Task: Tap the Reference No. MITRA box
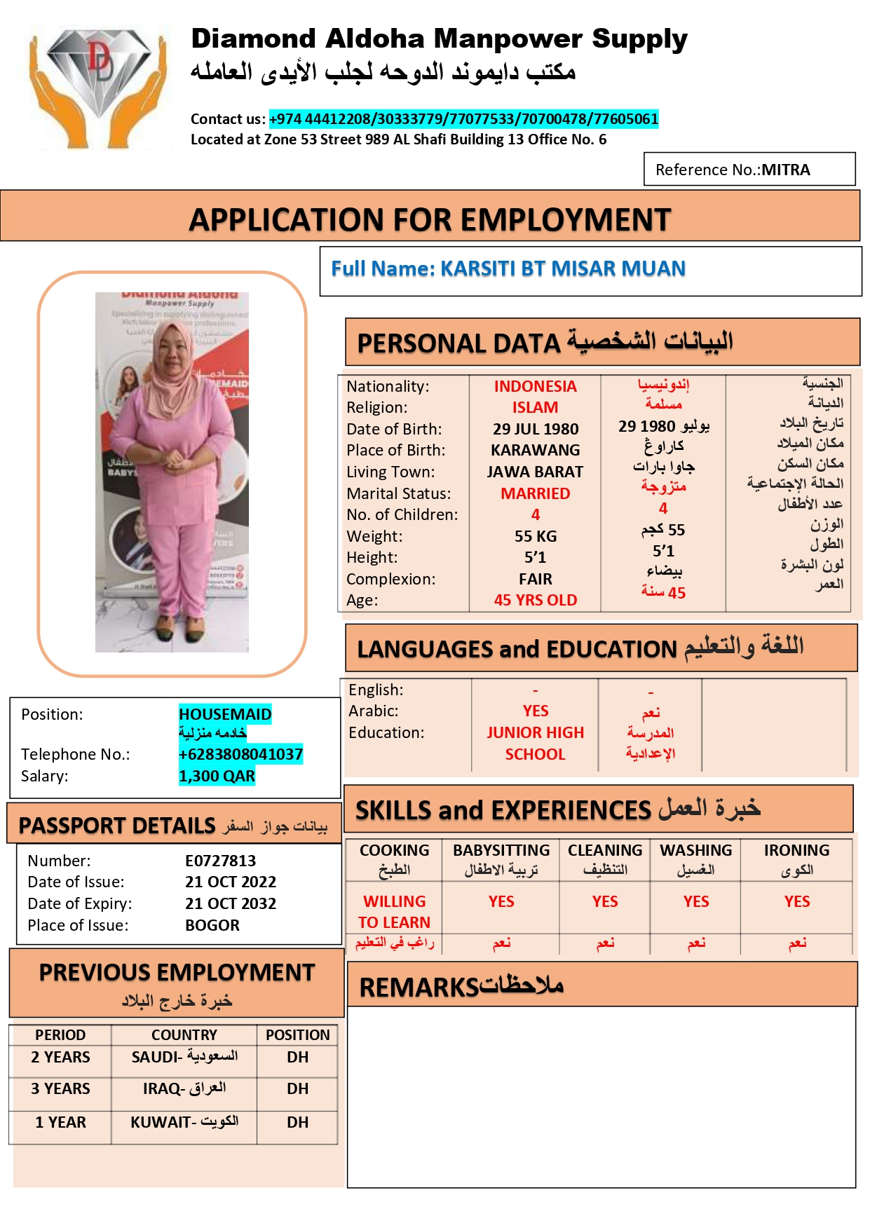(749, 170)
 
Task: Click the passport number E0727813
(220, 861)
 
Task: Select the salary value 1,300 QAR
(217, 776)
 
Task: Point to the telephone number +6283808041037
(240, 754)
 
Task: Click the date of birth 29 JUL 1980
(535, 429)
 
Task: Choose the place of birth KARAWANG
(535, 450)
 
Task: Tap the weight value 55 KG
(535, 536)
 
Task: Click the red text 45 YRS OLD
(535, 600)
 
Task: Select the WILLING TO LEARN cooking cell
(394, 911)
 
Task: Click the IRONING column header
(796, 850)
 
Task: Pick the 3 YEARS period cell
(60, 1088)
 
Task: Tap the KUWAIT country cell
(184, 1122)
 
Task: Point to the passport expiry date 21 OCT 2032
(231, 903)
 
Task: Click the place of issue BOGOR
(212, 925)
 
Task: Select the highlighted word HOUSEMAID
(225, 714)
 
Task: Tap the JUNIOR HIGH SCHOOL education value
(535, 743)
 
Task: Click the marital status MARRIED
(535, 493)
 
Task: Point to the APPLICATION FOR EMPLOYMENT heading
(430, 220)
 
